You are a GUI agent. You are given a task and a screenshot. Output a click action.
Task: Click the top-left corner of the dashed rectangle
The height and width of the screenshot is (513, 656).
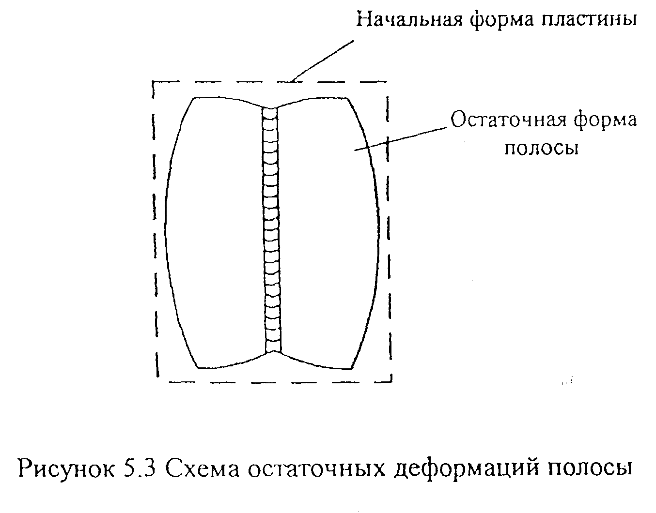[154, 82]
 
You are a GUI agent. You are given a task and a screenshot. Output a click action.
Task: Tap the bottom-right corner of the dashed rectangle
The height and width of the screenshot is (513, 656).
[390, 381]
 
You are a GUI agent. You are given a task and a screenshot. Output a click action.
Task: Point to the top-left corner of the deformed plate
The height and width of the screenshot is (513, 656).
[194, 98]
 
